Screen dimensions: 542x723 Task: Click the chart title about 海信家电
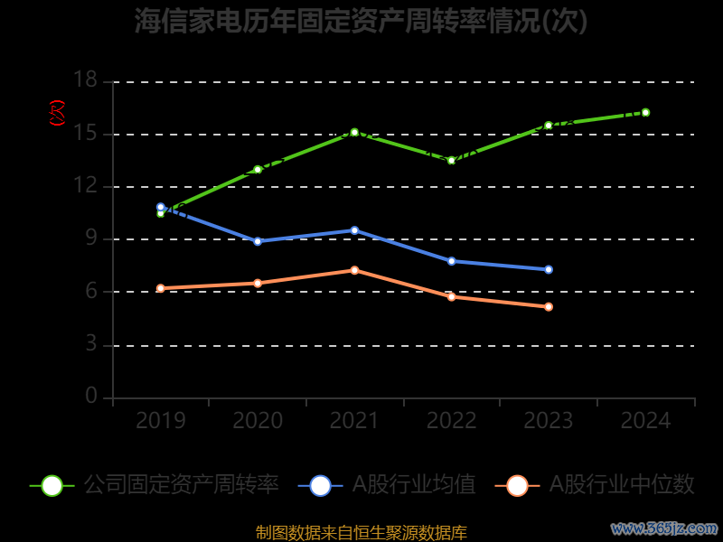361,21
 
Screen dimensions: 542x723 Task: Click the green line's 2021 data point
354,132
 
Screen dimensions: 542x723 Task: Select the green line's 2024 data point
645,112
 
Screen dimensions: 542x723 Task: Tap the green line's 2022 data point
451,160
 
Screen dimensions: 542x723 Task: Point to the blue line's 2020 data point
258,241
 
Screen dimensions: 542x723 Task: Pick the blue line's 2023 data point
549,269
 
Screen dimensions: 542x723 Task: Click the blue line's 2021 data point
354,230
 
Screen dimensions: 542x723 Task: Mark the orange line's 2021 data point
354,270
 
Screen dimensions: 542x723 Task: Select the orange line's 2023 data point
549,307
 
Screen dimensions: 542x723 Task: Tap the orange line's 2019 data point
161,288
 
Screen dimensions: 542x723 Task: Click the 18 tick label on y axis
85,81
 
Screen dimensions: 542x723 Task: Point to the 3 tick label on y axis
91,344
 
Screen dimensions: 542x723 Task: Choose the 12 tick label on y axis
85,186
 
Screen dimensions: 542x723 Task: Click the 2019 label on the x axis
161,421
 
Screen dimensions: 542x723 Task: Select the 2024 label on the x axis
645,421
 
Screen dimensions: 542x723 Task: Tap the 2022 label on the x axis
451,421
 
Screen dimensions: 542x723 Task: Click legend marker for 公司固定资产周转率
52,485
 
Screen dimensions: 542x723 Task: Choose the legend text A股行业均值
413,485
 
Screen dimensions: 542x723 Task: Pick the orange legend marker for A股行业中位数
517,485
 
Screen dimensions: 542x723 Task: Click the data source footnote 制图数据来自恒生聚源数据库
361,532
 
